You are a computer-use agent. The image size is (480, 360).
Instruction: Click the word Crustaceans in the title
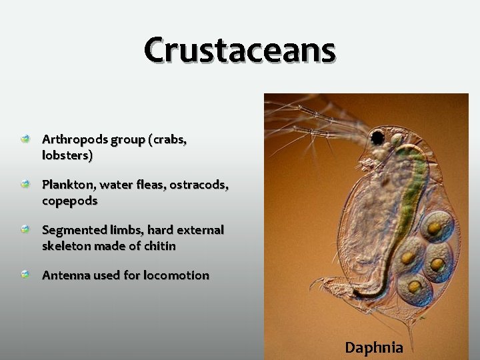point(240,50)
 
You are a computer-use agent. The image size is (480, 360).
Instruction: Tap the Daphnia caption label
point(373,347)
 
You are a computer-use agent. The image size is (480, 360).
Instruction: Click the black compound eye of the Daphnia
point(377,139)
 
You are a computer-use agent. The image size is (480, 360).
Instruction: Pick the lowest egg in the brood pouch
point(415,287)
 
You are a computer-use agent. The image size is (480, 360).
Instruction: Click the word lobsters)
point(67,155)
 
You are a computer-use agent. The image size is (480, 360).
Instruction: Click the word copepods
point(69,200)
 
